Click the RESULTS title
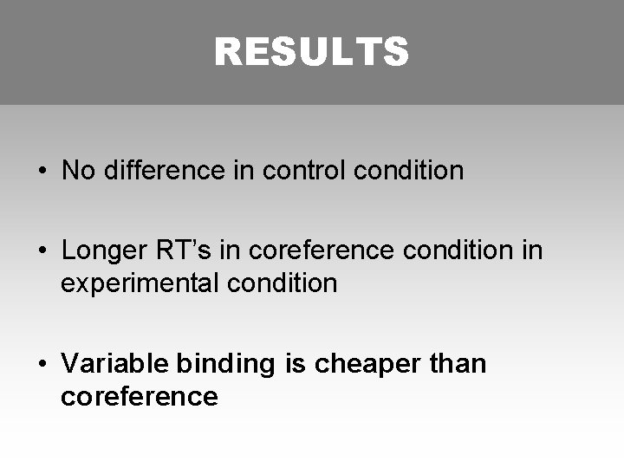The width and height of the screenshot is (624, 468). click(311, 52)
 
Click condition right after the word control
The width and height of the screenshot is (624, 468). click(409, 171)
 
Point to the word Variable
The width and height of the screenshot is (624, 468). click(106, 364)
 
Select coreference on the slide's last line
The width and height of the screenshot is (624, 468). click(139, 397)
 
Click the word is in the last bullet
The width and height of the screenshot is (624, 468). click(295, 364)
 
